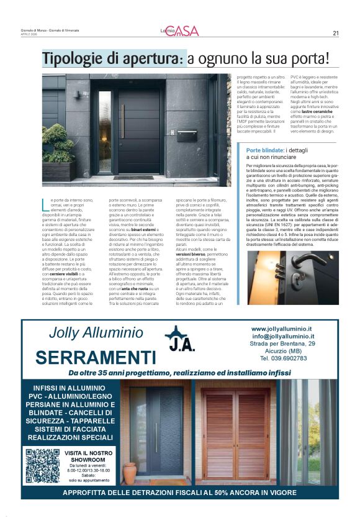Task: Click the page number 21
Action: [x=335, y=34]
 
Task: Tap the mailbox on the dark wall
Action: [x=187, y=135]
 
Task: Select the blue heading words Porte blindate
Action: [x=266, y=151]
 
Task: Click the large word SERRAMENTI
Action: [x=96, y=357]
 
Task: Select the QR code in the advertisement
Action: [x=43, y=466]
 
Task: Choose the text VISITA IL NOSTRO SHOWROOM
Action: [x=88, y=457]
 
